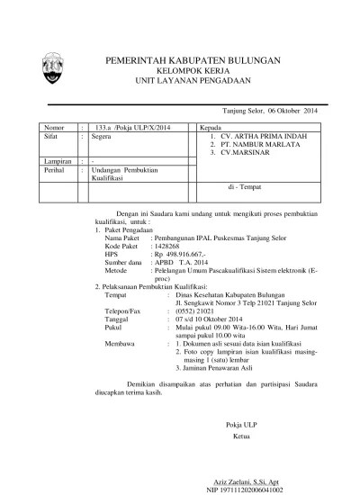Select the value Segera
(104, 138)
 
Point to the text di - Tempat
(247, 186)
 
